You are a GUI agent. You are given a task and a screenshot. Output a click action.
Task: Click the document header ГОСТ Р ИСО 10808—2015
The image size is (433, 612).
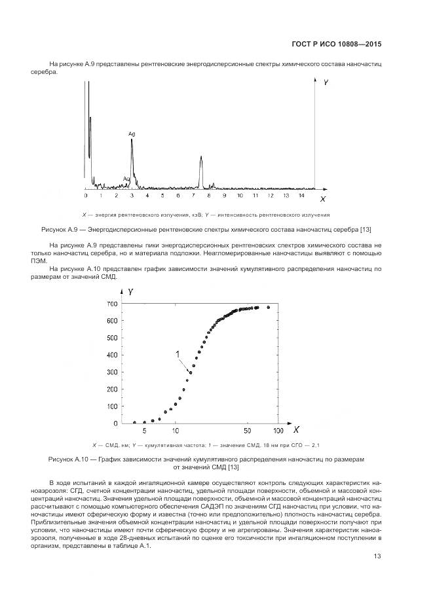336,45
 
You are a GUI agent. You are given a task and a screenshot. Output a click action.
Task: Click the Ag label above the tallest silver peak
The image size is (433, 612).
132,134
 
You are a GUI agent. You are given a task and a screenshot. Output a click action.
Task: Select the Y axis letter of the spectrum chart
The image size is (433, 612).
326,82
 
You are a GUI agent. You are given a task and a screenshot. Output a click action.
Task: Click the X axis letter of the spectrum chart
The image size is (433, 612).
322,197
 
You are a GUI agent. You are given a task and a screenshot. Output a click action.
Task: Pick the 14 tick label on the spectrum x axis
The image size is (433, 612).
301,194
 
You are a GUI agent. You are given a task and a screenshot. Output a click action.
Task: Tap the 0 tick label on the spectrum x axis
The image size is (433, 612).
86,194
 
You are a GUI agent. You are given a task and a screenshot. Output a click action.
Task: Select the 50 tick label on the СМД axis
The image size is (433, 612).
246,431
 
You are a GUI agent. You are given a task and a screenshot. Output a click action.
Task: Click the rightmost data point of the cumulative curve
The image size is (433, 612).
268,307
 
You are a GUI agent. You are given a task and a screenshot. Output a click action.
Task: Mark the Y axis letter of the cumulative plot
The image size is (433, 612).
132,291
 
